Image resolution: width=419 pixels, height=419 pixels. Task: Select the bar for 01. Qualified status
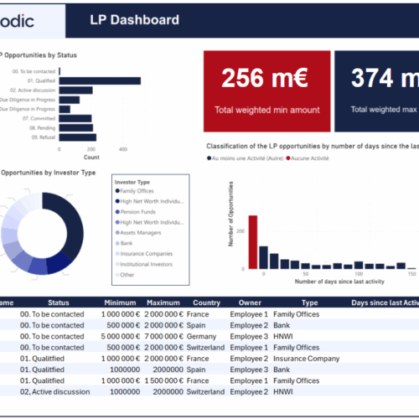coord(100,81)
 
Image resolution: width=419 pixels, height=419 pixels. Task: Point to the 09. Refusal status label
coord(34,137)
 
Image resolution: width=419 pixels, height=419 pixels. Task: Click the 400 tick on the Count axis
coord(123,149)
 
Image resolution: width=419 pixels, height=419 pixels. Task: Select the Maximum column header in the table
coord(163,302)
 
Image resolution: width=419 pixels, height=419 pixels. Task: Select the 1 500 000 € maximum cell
coord(163,380)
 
